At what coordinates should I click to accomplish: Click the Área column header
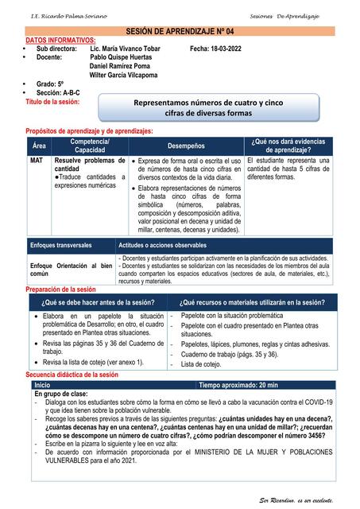(39, 146)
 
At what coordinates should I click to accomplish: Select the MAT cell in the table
(37, 160)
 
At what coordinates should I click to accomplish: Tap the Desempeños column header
(185, 146)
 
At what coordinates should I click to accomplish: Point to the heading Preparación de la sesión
(60, 290)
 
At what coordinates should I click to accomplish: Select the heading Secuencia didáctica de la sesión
(72, 374)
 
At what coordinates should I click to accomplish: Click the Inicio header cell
(42, 384)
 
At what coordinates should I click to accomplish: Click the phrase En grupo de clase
(61, 394)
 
